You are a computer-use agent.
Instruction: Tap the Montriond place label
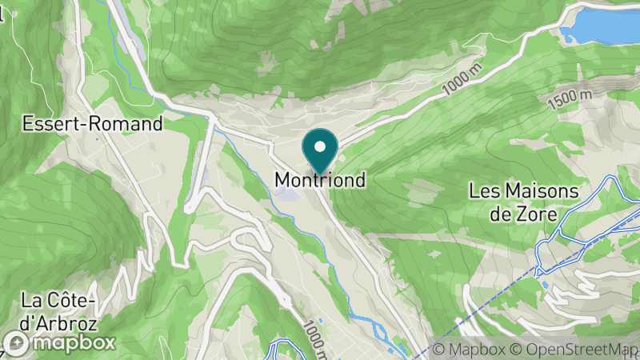coord(321,181)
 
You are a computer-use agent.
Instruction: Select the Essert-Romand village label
coord(93,124)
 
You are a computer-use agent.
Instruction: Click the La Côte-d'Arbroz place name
coord(59,311)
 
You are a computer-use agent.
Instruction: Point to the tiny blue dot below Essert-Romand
coord(98,140)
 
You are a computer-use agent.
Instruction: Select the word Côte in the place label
coord(66,301)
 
